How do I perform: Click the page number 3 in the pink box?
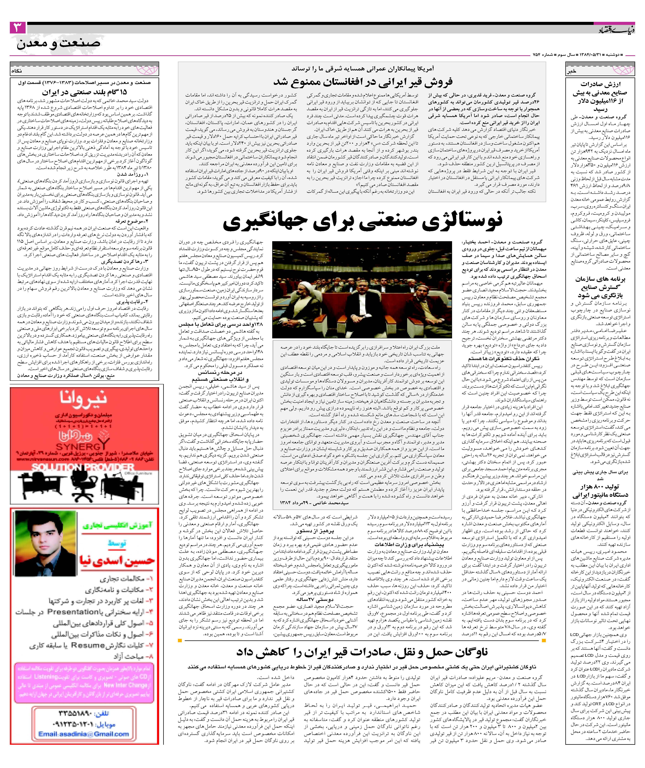tap(18, 28)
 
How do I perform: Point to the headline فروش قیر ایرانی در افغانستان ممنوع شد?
tap(362, 81)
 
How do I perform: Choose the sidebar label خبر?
tap(571, 72)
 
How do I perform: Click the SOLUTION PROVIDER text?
tap(82, 467)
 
